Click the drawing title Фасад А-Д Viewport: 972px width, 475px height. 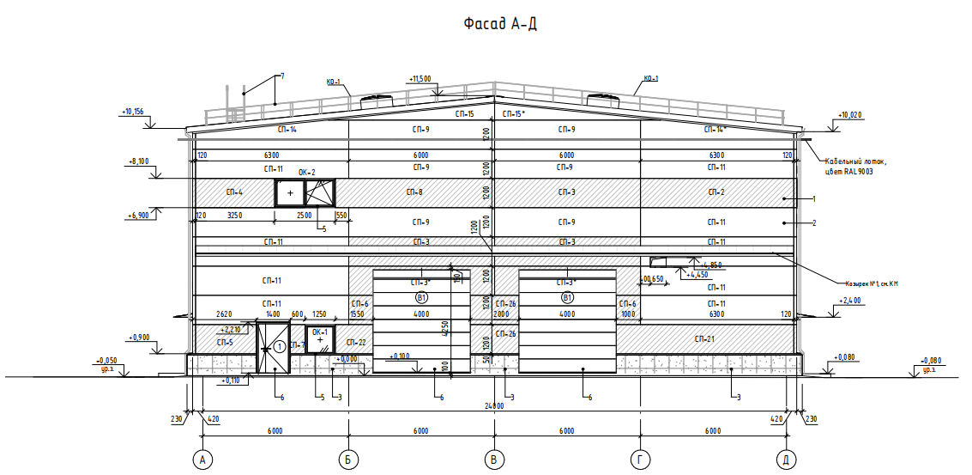pos(499,24)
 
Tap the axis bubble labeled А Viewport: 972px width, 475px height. pos(203,460)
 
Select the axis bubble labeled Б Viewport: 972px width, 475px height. pos(348,460)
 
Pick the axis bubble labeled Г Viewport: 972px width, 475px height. pos(639,460)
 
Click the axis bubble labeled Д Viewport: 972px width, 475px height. pos(784,460)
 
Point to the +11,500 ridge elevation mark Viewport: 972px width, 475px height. pos(420,78)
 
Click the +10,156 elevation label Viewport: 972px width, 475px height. pos(132,112)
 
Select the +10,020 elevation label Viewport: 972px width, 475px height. pos(848,114)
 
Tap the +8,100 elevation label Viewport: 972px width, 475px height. pos(138,161)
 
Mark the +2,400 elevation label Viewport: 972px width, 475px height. pos(849,301)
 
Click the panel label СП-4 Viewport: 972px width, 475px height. pos(234,192)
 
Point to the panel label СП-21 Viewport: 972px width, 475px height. pos(704,340)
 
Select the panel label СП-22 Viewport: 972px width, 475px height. pos(356,343)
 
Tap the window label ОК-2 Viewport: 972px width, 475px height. pos(306,173)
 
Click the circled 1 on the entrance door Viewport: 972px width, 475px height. pos(279,347)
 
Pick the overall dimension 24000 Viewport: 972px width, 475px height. pos(492,405)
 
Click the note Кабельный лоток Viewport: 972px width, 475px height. pos(855,161)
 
